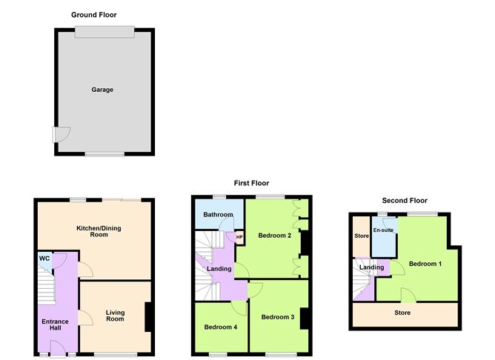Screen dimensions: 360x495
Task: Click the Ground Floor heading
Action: click(x=94, y=15)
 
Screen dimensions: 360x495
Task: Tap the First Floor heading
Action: click(x=247, y=183)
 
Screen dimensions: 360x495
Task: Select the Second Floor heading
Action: click(x=405, y=200)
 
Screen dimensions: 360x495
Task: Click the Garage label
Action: click(x=102, y=90)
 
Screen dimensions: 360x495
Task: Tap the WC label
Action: click(x=44, y=258)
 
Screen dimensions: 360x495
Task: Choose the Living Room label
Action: click(x=115, y=316)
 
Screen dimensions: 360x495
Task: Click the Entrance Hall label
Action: click(x=55, y=325)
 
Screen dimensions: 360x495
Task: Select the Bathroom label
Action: click(x=219, y=215)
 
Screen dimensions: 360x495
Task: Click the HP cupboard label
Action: click(x=239, y=238)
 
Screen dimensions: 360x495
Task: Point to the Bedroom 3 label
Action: click(x=278, y=317)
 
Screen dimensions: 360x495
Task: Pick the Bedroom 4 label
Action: click(x=221, y=327)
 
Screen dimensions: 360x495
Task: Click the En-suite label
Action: click(x=384, y=230)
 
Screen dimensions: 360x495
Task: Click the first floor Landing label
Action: click(x=220, y=268)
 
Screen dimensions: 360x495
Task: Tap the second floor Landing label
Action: click(x=371, y=267)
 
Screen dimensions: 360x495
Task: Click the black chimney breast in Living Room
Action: click(x=149, y=317)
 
